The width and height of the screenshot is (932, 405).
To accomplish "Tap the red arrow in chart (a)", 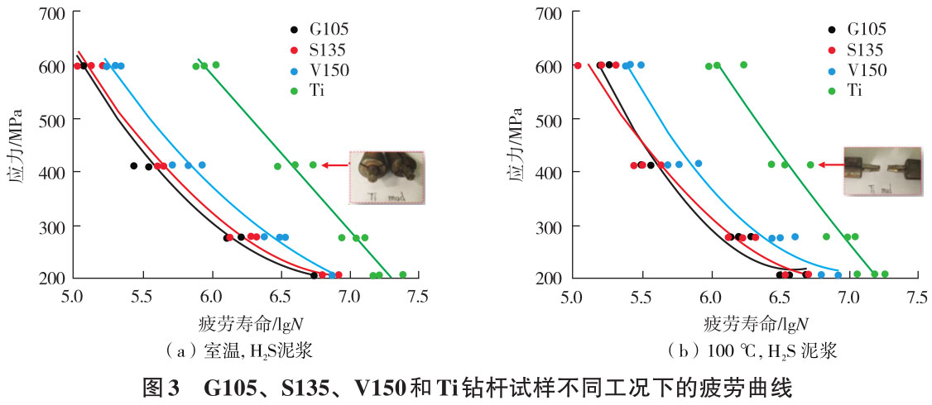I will [x=334, y=165].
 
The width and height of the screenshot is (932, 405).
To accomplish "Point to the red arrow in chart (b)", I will [x=830, y=165].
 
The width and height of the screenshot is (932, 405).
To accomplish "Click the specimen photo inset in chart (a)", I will [x=386, y=177].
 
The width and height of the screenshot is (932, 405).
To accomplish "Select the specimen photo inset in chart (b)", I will [x=882, y=171].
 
